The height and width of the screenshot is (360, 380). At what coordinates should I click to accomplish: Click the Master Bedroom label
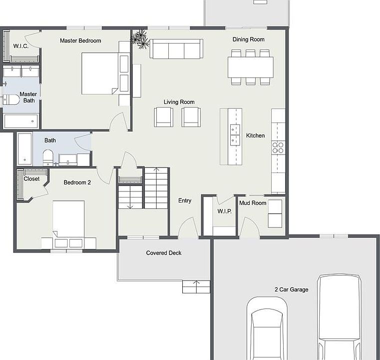pos(80,40)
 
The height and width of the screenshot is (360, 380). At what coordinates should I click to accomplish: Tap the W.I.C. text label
pos(21,46)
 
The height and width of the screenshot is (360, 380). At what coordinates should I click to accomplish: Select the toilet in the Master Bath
pos(11,99)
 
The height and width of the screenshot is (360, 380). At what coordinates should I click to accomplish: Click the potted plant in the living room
pos(140,39)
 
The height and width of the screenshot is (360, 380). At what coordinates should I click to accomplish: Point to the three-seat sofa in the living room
pos(176,49)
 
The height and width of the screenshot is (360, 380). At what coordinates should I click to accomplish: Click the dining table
pos(251,67)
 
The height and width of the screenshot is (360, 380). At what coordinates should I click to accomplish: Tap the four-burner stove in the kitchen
pos(278,147)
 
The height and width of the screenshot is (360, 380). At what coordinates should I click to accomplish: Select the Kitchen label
pos(256,135)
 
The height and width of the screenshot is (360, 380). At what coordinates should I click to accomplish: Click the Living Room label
pos(179,102)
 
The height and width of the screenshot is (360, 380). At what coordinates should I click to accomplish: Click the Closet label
pos(31,179)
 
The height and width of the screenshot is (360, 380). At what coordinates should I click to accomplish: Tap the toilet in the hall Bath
pos(48,157)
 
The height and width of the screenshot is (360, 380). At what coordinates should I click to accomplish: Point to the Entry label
pos(185,200)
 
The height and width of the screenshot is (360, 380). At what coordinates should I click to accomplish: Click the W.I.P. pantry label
pos(225,211)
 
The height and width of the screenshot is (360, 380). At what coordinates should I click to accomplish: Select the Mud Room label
pos(253,203)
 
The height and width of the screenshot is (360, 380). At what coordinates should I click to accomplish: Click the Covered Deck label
pos(164,253)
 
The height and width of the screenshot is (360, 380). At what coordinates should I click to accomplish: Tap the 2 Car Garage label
pos(292,289)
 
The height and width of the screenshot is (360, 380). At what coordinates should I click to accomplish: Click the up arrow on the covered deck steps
pos(196,284)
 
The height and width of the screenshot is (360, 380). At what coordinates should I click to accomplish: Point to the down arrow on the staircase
pos(130,196)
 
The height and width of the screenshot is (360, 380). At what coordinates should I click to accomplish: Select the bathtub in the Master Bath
pos(21,121)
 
